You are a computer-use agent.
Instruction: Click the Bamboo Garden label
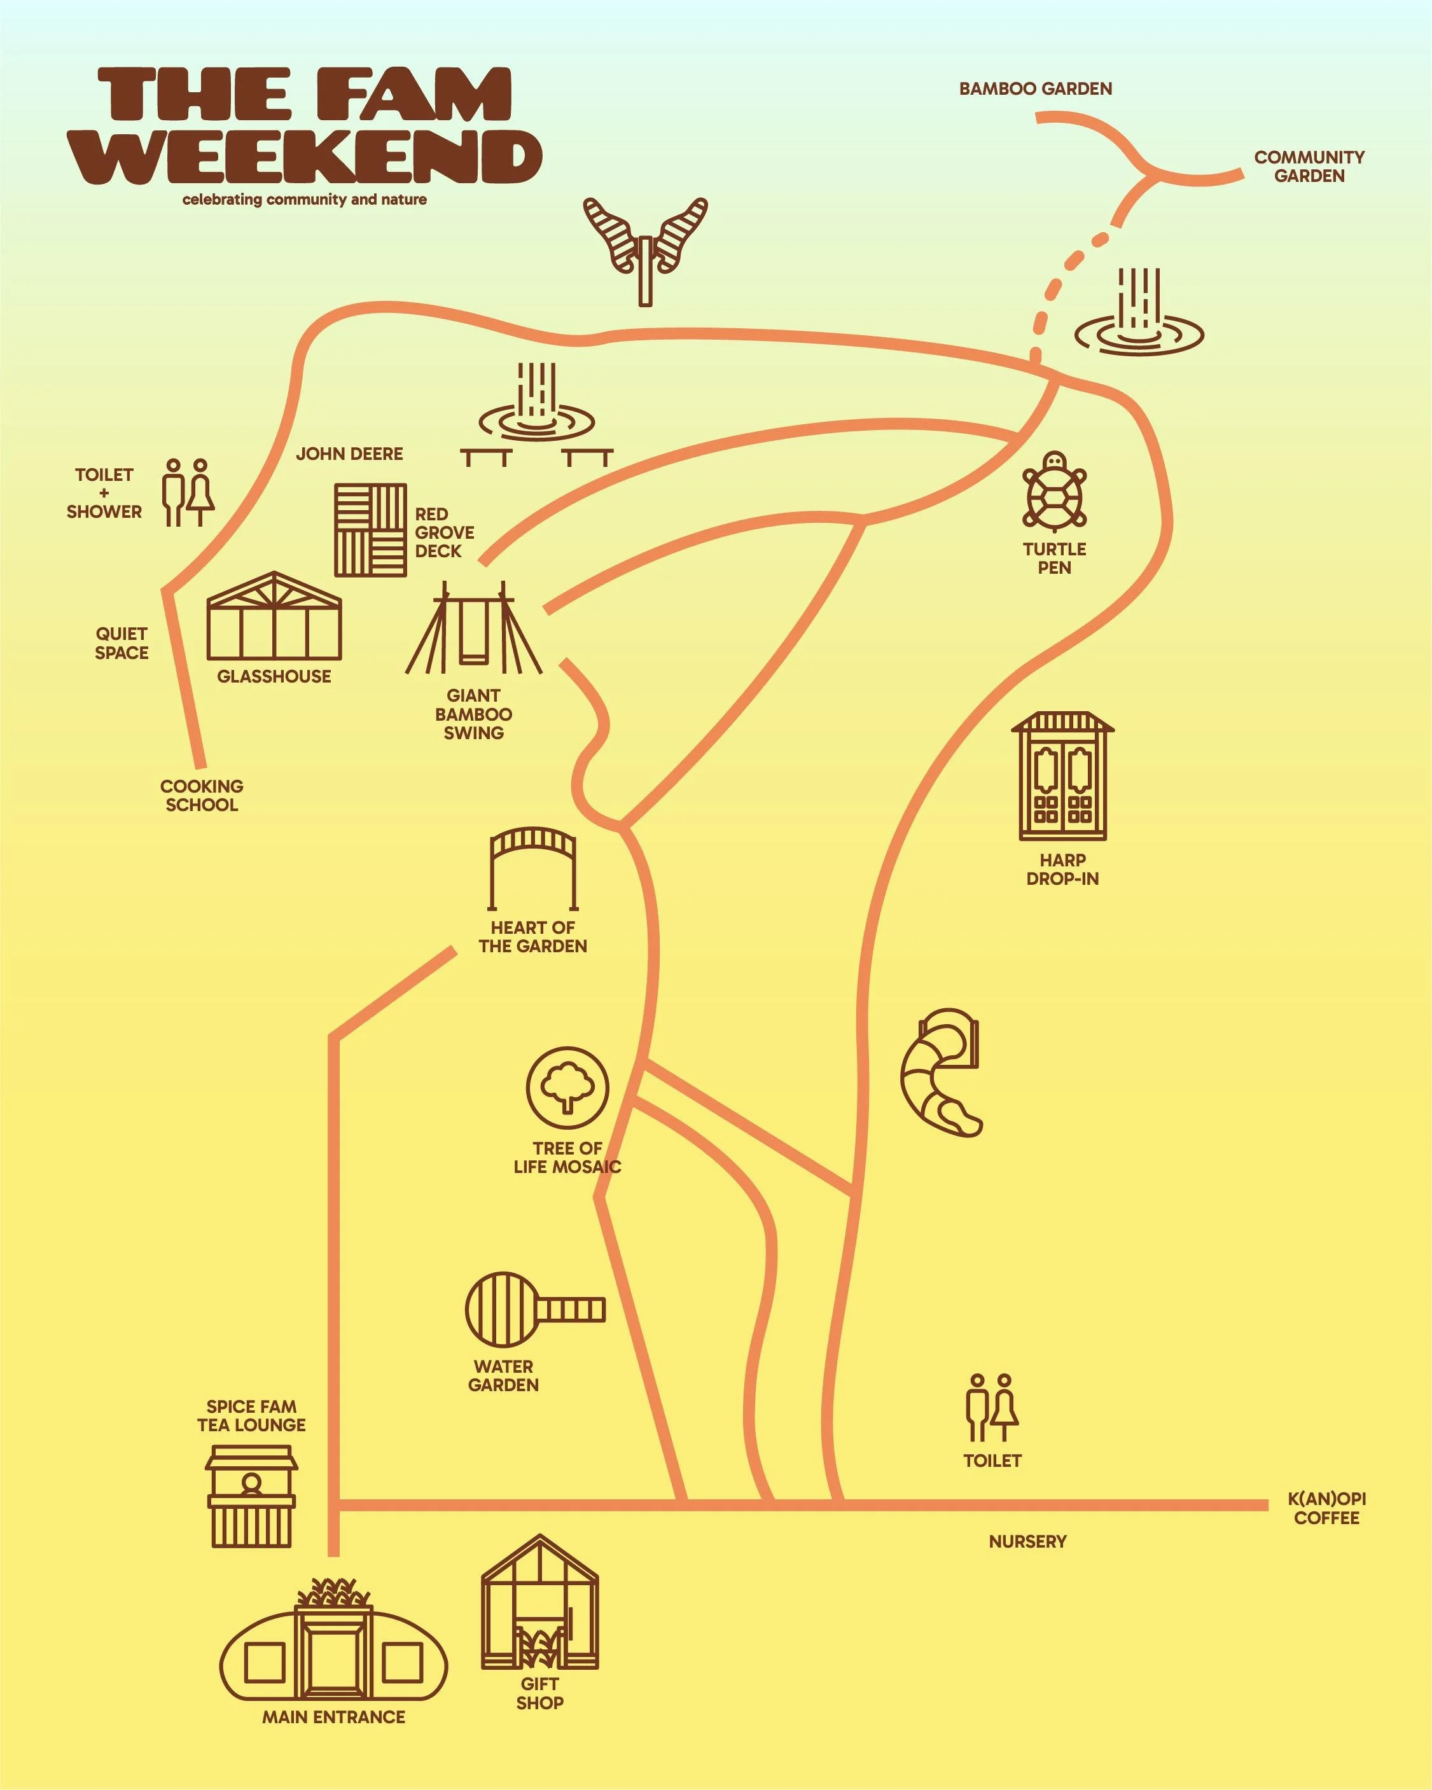tap(1035, 89)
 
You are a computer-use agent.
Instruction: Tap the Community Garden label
tap(1309, 166)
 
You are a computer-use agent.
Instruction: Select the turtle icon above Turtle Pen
tap(1054, 492)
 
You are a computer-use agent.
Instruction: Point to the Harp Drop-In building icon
tap(1062, 776)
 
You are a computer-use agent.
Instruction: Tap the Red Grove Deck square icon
tap(370, 530)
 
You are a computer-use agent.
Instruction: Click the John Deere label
tap(349, 454)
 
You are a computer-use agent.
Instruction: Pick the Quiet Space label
tap(122, 644)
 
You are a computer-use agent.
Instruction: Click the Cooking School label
tap(202, 795)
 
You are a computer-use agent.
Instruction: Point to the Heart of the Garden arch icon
tap(533, 868)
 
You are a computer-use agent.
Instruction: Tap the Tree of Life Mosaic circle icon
tap(567, 1088)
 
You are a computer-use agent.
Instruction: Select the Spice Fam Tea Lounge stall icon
tap(251, 1496)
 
